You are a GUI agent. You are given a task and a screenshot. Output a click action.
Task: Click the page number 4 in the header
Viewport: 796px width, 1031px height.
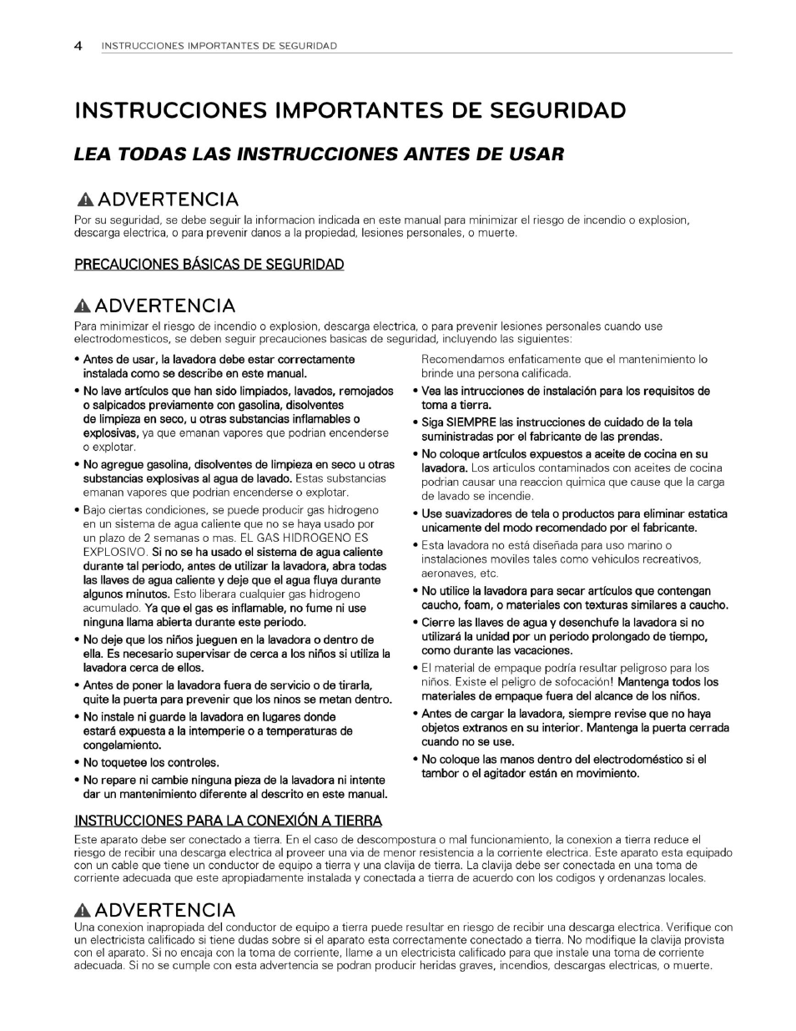78,46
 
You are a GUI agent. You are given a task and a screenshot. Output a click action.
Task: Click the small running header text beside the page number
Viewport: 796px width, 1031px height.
219,46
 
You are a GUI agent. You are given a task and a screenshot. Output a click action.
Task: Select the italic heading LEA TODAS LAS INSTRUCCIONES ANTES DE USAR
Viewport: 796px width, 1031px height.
319,154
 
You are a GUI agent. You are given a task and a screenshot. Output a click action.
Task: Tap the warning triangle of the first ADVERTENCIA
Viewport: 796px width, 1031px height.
85,200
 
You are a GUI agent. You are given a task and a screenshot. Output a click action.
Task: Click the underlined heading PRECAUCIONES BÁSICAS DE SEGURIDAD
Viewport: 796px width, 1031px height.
209,265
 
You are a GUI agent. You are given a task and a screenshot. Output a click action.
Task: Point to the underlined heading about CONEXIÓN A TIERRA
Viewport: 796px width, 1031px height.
228,820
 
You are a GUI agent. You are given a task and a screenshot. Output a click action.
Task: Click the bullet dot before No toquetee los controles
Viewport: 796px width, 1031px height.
77,763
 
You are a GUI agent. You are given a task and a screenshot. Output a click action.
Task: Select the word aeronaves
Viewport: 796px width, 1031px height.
448,574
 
